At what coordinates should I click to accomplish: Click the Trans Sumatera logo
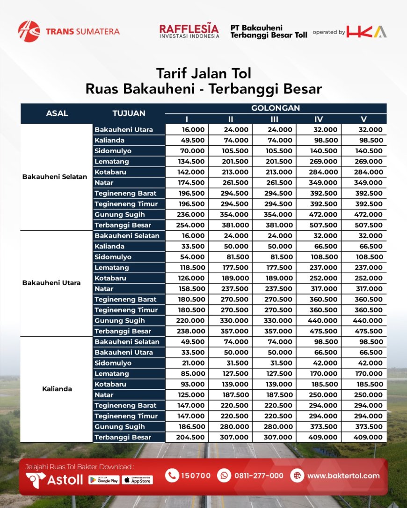[x=69, y=31]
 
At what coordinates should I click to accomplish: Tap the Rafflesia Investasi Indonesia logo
[x=189, y=31]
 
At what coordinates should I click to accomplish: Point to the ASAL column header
[x=57, y=113]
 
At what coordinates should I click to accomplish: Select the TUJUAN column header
[x=129, y=113]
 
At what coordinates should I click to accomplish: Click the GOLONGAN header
[x=276, y=108]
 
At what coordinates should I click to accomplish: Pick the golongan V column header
[x=363, y=119]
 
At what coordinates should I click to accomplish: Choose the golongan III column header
[x=274, y=119]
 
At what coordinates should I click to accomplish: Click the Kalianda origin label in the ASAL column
[x=57, y=389]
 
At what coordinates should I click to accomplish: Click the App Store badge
[x=137, y=480]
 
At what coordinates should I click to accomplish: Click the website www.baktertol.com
[x=343, y=476]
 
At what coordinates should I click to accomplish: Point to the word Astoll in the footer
[x=65, y=480]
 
